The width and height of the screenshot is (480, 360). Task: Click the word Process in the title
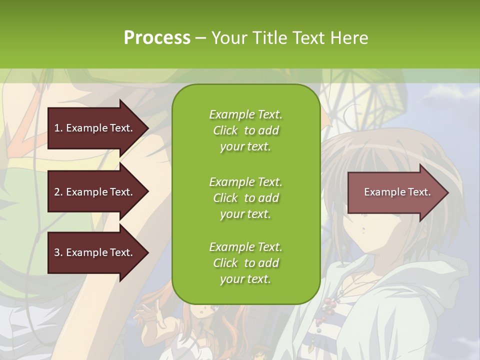157,38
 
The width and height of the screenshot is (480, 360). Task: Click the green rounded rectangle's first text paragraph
245,130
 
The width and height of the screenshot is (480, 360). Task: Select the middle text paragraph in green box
245,198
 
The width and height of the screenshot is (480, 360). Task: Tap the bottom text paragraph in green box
245,263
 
